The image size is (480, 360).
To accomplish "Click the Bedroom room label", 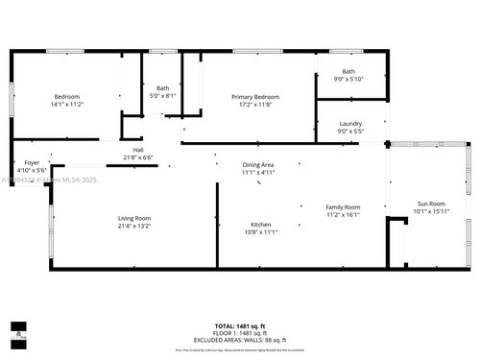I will (66, 96).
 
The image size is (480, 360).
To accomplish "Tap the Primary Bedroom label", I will (254, 96).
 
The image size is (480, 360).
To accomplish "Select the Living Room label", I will (134, 218).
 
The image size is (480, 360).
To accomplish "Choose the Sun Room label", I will (430, 204).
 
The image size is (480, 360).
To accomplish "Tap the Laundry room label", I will (350, 123).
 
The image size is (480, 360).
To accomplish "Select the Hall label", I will (138, 151).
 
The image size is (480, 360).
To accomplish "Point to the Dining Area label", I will (258, 165).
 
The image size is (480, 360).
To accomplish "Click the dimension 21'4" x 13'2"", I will (134, 226).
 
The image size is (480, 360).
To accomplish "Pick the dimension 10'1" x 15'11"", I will (430, 211).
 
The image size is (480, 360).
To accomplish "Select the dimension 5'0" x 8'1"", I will (162, 96).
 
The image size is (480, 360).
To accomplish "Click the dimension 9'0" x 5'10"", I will (348, 79).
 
